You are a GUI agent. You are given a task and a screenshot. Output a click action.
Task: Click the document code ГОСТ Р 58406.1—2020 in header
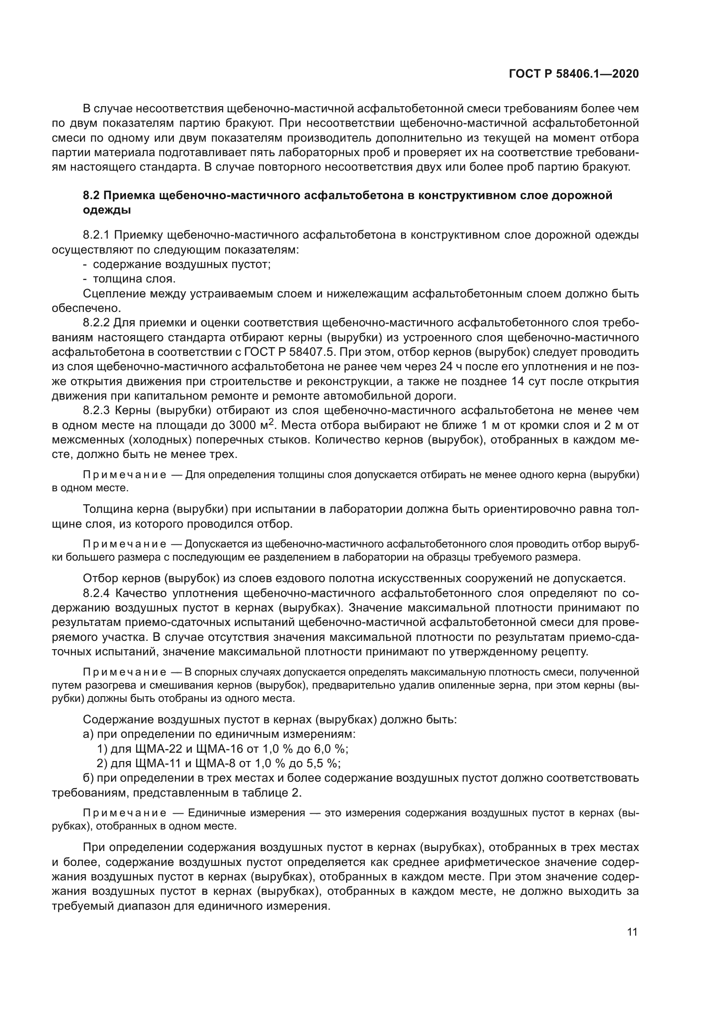574,74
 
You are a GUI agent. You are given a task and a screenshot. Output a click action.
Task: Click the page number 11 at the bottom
632,932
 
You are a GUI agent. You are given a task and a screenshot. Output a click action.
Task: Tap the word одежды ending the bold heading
107,210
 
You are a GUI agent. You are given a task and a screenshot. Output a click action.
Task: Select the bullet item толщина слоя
134,279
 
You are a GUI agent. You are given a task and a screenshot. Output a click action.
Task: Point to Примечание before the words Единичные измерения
125,813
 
